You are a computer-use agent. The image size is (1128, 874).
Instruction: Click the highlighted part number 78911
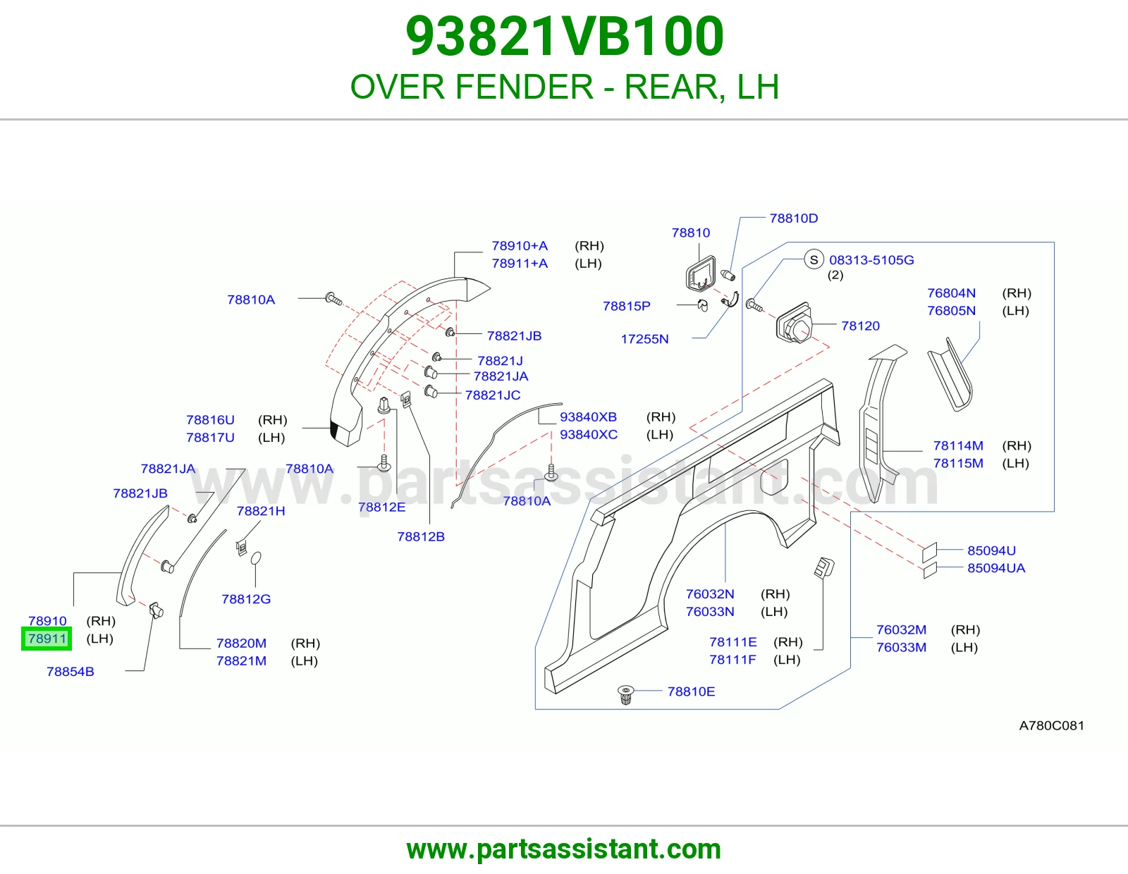coord(47,639)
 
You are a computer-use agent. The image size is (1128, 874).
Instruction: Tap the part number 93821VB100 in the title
coord(564,37)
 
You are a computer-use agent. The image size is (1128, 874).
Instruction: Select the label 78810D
coord(794,218)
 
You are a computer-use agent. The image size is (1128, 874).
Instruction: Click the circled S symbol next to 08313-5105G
coord(814,259)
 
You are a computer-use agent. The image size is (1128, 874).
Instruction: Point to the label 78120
coord(860,326)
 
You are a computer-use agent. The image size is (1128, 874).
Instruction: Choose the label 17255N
coord(644,339)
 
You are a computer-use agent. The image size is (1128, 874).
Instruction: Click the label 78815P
coord(626,306)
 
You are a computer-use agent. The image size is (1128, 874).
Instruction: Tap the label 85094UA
coord(996,568)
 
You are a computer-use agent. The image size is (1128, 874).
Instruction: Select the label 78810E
coord(691,691)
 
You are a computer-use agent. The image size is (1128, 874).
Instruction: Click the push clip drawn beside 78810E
coord(625,694)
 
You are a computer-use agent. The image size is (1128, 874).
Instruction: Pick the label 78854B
coord(70,672)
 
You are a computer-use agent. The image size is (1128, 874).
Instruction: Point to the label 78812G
coord(246,599)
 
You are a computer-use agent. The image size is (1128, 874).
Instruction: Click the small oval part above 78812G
coord(255,558)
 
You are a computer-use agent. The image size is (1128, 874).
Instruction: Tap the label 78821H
coord(261,511)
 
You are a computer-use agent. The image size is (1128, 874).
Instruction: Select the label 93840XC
coord(589,434)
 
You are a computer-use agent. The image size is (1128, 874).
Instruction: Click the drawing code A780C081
coord(1052,725)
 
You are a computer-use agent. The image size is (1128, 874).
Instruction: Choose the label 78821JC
coord(493,395)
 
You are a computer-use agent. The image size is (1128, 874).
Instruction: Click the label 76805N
coord(952,310)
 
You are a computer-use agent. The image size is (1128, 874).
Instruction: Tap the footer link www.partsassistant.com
coord(564,849)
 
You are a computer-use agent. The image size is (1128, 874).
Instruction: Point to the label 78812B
coord(421,536)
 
